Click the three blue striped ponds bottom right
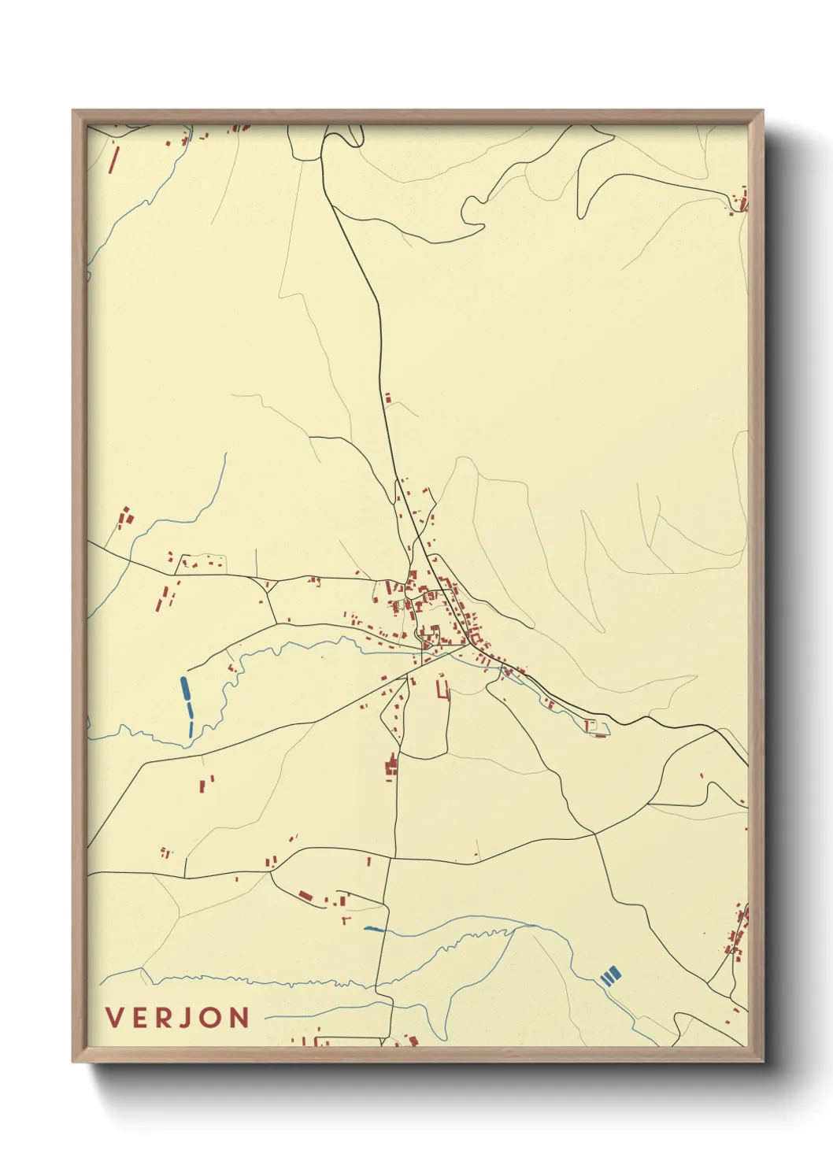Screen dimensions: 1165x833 [x=611, y=976]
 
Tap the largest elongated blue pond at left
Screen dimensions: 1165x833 [x=185, y=689]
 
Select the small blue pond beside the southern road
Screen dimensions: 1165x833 [x=373, y=930]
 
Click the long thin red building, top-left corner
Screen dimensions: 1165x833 [x=113, y=159]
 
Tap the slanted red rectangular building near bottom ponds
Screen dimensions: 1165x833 [x=305, y=895]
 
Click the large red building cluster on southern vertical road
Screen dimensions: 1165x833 [x=391, y=766]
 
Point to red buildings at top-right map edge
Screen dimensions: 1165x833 [x=739, y=201]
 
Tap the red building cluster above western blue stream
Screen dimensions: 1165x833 [x=124, y=517]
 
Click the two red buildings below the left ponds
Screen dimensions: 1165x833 [x=206, y=783]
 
